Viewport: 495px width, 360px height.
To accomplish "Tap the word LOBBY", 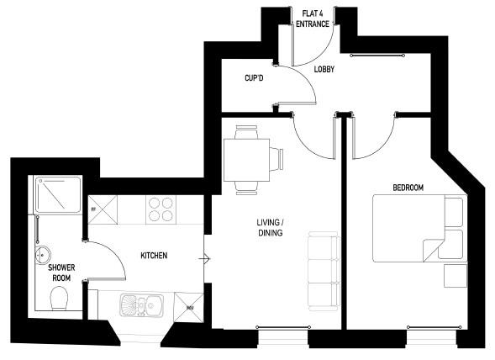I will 324,71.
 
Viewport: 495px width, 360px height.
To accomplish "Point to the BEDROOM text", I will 408,187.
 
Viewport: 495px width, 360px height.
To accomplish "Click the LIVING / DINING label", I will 270,229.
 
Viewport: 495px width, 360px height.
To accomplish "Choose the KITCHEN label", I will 153,255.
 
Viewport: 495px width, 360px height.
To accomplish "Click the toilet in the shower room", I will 59,299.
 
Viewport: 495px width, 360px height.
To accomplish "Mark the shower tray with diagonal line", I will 57,195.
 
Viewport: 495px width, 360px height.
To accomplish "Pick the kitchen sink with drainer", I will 143,304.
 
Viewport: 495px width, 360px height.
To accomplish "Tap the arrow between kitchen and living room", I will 204,258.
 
